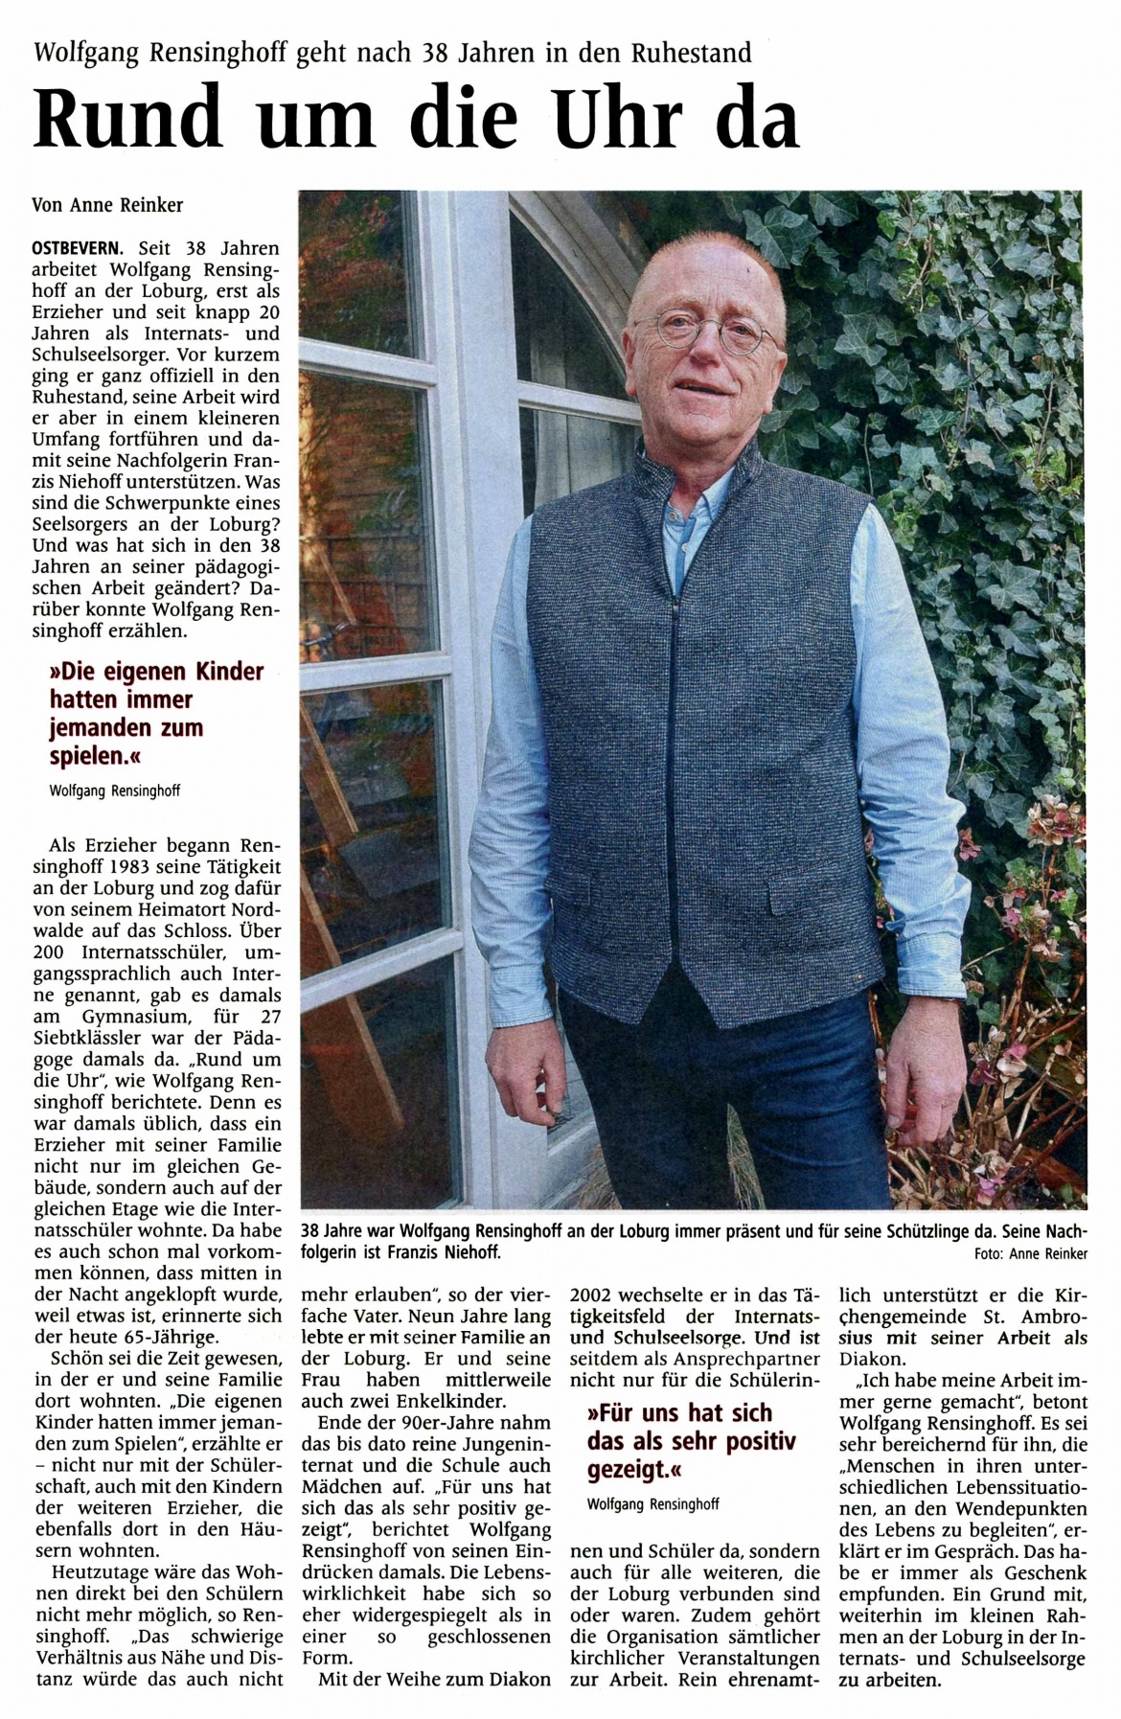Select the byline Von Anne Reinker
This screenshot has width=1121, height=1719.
[107, 204]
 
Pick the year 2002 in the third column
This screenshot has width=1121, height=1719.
[594, 1295]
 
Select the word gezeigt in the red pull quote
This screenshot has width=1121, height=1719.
[626, 1467]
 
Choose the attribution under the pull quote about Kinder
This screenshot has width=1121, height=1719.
[115, 791]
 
